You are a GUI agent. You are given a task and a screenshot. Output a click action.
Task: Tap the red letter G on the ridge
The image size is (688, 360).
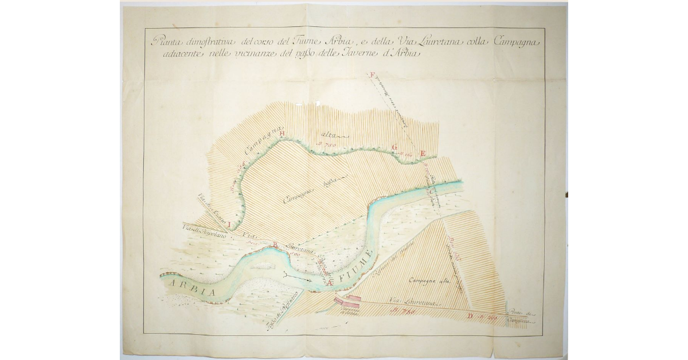click(394, 147)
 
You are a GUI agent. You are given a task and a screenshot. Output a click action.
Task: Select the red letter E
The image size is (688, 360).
click(423, 152)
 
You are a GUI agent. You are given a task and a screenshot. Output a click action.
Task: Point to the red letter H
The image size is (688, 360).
click(282, 134)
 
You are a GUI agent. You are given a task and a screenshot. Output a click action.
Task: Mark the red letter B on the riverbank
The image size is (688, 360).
click(275, 246)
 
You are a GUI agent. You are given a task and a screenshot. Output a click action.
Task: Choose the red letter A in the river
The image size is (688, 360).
click(330, 282)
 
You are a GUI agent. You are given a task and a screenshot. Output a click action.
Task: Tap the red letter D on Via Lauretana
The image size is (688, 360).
click(470, 316)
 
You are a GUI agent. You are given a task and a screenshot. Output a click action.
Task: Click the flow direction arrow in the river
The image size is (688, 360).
click(297, 278)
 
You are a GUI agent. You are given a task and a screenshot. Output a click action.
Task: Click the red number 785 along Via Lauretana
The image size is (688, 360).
click(405, 311)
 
